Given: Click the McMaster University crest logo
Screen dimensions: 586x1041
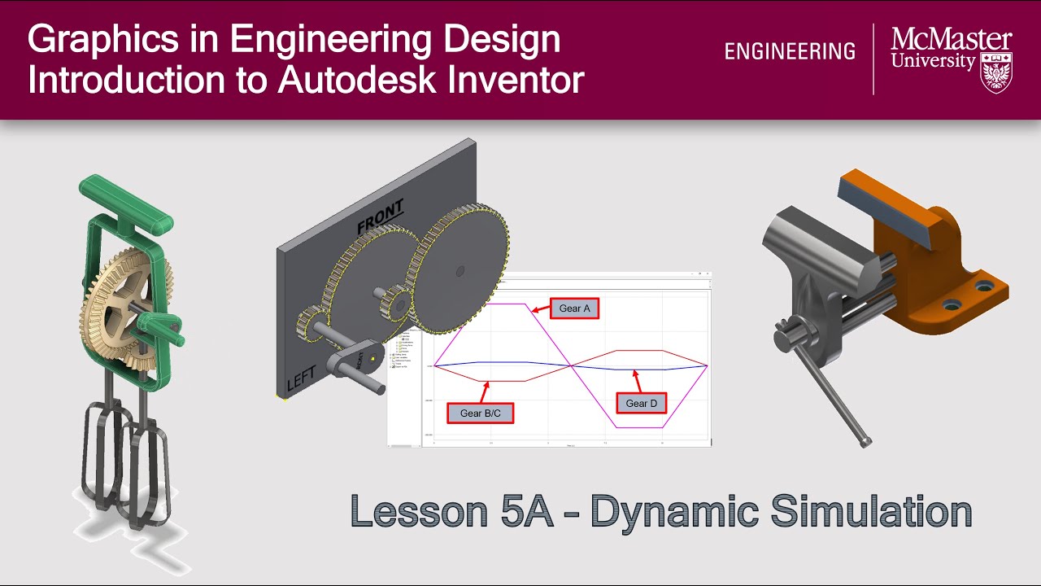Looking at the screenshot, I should pyautogui.click(x=996, y=73).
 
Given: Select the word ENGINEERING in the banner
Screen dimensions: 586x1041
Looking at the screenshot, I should pyautogui.click(x=790, y=52).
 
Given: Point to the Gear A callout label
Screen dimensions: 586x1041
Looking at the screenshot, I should pyautogui.click(x=574, y=308).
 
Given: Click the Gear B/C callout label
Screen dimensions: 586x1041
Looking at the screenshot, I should pyautogui.click(x=480, y=413).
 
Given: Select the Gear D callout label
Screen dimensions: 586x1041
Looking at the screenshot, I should pyautogui.click(x=642, y=403).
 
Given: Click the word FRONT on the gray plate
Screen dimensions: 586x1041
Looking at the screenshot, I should pyautogui.click(x=380, y=216).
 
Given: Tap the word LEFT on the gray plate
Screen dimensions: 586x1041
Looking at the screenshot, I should pyautogui.click(x=301, y=376).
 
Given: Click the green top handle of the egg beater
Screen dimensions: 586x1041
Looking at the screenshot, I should pyautogui.click(x=126, y=199).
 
